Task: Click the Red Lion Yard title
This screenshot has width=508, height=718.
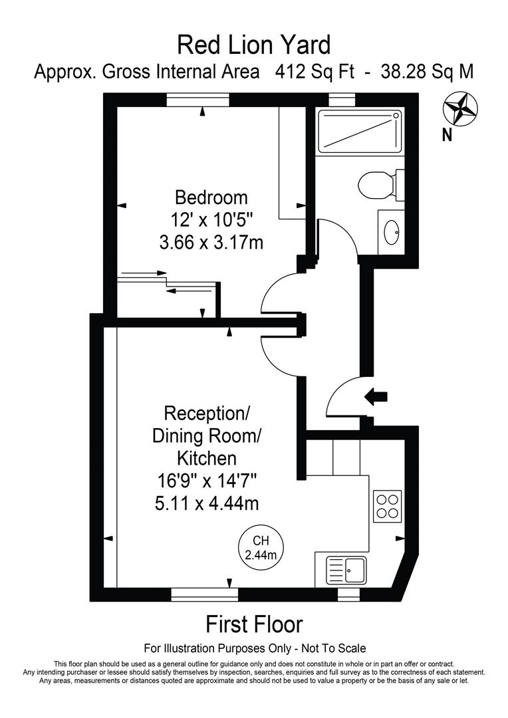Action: click(253, 45)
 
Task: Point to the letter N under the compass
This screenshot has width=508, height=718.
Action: click(447, 135)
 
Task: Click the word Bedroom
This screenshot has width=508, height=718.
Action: click(211, 197)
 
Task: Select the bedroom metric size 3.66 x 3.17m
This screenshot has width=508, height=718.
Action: click(211, 243)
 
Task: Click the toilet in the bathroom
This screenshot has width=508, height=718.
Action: click(379, 184)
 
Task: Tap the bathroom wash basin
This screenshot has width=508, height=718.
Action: click(392, 231)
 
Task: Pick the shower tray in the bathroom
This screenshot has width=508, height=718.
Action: click(359, 132)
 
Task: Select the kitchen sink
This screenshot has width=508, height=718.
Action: click(346, 570)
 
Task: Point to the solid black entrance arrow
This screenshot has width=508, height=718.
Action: click(376, 397)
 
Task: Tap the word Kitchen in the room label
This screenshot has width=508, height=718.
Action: click(206, 458)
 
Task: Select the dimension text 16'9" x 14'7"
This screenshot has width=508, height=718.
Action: click(206, 481)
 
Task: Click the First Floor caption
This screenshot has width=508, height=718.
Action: click(253, 624)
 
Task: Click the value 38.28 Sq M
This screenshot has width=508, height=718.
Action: click(427, 72)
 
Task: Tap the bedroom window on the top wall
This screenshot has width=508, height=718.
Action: click(201, 100)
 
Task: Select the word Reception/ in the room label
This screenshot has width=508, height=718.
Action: click(206, 413)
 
